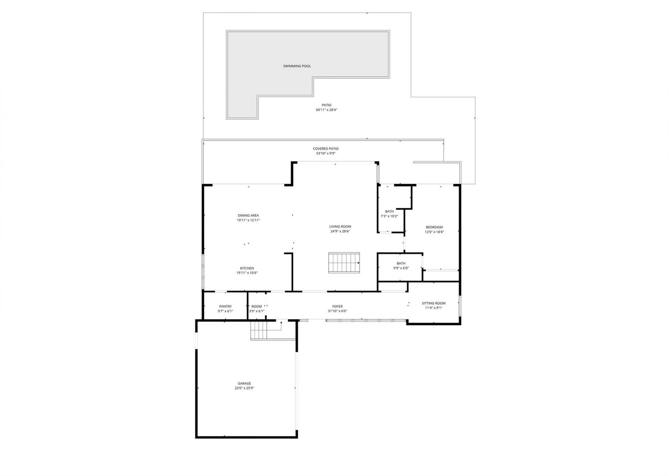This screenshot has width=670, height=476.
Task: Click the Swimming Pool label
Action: click(x=297, y=66)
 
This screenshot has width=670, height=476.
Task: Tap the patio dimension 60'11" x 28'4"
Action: click(x=326, y=110)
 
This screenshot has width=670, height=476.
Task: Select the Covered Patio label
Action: click(x=325, y=149)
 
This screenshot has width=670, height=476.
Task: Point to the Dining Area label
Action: click(x=248, y=215)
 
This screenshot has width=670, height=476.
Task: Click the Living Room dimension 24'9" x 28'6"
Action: click(x=340, y=231)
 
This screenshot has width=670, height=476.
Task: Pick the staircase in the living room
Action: click(x=344, y=263)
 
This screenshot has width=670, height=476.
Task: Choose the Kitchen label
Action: click(x=247, y=268)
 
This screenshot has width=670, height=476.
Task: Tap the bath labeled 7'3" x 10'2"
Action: click(x=389, y=214)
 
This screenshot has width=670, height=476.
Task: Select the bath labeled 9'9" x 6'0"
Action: click(x=401, y=266)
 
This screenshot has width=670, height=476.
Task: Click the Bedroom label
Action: click(x=434, y=227)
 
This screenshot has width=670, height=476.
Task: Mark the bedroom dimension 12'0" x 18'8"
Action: click(x=434, y=232)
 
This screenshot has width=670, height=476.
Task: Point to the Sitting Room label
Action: click(x=433, y=303)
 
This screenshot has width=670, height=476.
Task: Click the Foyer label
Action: click(x=337, y=306)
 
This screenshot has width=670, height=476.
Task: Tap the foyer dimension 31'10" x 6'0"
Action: click(x=337, y=311)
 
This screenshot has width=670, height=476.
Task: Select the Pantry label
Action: click(x=225, y=306)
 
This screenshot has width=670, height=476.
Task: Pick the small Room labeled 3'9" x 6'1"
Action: click(x=256, y=309)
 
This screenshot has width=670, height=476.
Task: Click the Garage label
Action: click(x=244, y=383)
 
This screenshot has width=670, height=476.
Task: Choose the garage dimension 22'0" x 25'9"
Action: click(x=244, y=388)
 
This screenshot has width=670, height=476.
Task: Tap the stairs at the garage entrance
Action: click(x=259, y=330)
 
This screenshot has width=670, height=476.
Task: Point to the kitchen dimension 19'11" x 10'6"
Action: click(x=247, y=273)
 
